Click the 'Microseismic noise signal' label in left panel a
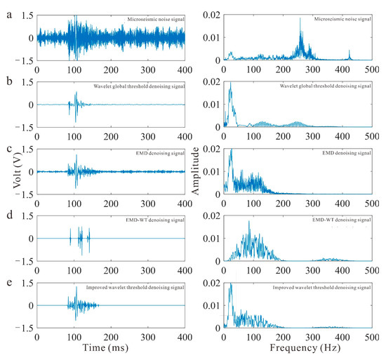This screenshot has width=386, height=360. [x=151, y=18]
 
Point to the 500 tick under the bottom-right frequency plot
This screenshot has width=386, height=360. [x=373, y=332]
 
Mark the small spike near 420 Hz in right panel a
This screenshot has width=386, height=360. [x=350, y=51]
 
